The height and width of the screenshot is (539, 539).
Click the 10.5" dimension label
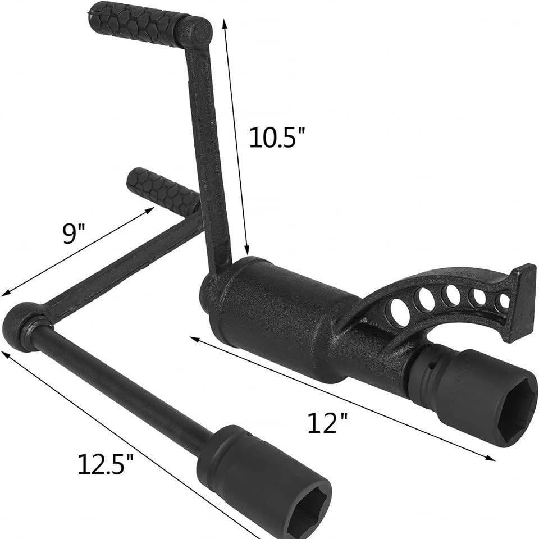tap(277, 138)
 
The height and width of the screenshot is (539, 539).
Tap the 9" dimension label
tap(74, 234)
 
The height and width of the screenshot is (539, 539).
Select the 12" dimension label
tap(327, 423)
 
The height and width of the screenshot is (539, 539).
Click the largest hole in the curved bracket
tap(400, 310)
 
